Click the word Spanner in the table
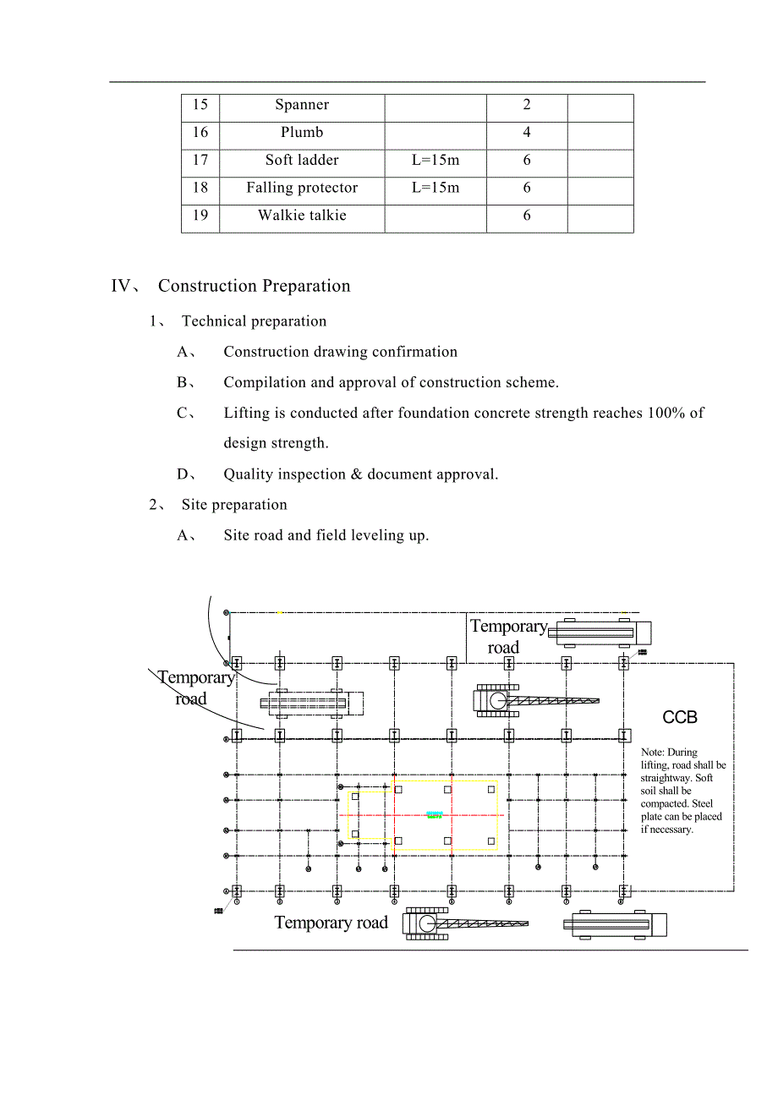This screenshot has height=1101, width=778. [x=302, y=105]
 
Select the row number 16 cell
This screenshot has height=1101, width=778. [x=200, y=132]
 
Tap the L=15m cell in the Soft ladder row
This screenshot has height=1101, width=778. [x=436, y=160]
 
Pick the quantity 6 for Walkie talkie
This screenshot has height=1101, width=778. [x=527, y=215]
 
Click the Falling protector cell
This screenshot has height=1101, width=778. [x=302, y=188]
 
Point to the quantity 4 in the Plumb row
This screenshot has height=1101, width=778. [x=527, y=132]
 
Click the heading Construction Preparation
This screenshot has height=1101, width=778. [x=254, y=286]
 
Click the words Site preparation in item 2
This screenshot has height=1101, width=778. [x=234, y=505]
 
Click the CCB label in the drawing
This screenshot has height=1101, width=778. [x=680, y=717]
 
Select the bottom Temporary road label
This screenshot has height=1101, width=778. [x=331, y=923]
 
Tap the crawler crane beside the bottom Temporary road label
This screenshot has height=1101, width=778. [x=465, y=923]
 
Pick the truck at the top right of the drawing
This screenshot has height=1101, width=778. [x=599, y=633]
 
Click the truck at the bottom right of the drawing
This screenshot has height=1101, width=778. [x=615, y=924]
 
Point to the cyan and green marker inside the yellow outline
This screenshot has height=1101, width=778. [x=435, y=814]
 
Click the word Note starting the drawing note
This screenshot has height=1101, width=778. [x=652, y=752]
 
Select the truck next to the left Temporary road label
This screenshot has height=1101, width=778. [x=311, y=703]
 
